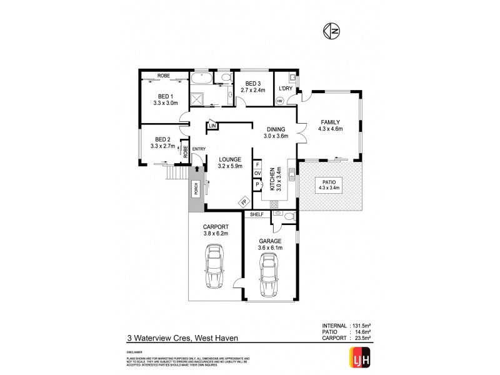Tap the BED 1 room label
tap(167, 96)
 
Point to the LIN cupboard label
tap(212, 127)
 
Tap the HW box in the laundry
tap(279, 101)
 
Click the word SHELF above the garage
tap(257, 215)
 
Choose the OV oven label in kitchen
tap(257, 175)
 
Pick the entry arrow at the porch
tap(198, 168)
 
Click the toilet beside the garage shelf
tap(287, 216)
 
